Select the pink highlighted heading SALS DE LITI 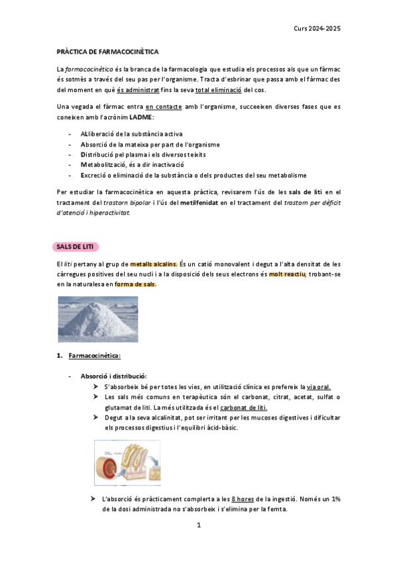point(75,247)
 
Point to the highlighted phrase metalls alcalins point(154,264)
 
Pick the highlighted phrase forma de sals point(136,285)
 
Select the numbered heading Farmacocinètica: point(95,357)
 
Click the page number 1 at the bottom point(198,526)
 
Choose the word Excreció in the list point(96,175)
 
